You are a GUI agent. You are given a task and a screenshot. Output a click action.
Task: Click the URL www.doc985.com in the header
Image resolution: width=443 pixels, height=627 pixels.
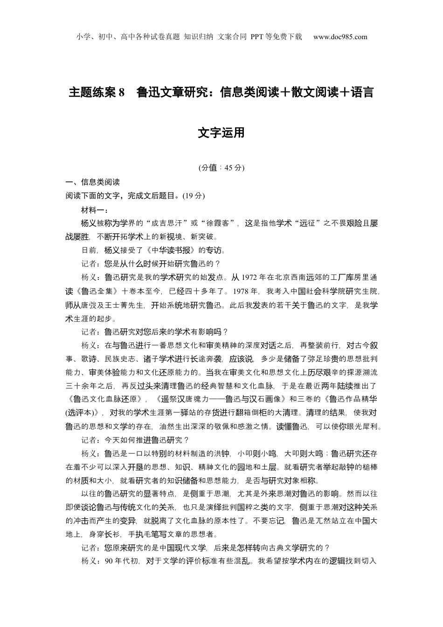pos(340,37)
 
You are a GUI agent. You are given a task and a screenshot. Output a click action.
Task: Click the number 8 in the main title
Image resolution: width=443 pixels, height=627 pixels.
pos(122,92)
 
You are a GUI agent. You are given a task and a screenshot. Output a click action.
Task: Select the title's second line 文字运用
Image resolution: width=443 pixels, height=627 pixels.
pos(221,133)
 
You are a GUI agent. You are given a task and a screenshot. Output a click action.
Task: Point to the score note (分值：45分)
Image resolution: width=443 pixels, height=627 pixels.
pos(221,168)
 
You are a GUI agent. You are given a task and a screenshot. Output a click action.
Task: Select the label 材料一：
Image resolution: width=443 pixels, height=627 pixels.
pos(95,209)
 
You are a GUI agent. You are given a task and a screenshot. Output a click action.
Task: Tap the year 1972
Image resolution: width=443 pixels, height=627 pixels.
pos(250,278)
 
